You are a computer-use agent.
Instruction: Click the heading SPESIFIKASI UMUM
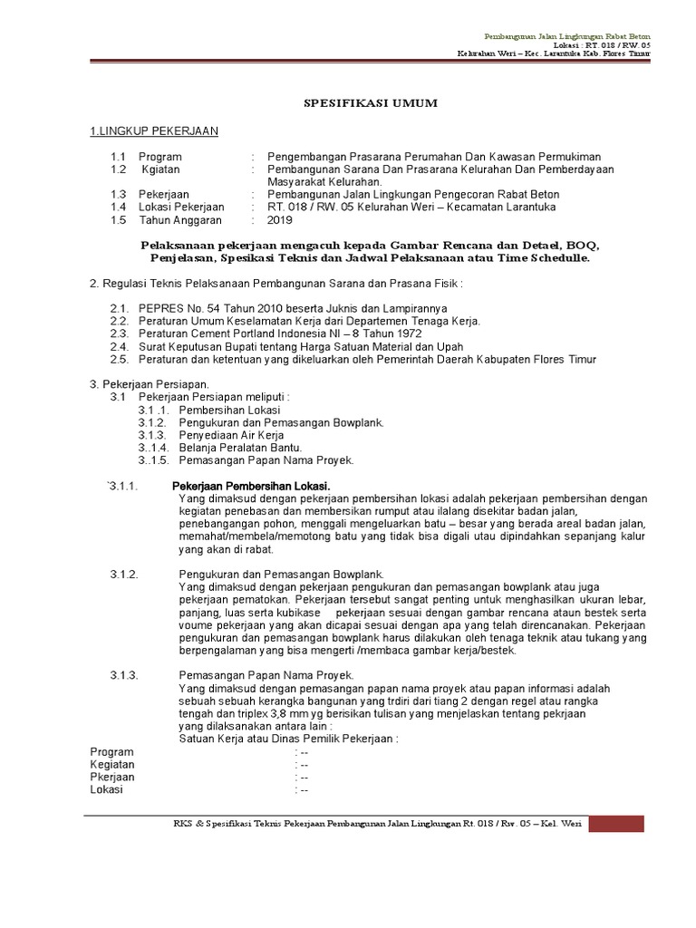(x=369, y=103)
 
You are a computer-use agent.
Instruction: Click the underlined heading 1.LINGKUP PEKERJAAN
(x=153, y=131)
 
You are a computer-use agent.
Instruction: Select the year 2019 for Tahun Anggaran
(x=281, y=219)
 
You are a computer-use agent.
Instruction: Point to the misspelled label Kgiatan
(x=160, y=169)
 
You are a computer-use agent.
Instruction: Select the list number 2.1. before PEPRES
(x=121, y=308)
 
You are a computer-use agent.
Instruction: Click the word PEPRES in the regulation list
(x=159, y=308)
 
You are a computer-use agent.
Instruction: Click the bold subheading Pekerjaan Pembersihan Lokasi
(x=251, y=487)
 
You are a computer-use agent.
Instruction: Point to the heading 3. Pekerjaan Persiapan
(x=149, y=384)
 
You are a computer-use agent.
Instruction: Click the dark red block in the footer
(x=616, y=823)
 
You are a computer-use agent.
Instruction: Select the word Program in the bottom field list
(x=111, y=751)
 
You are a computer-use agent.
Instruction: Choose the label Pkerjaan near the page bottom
(x=112, y=777)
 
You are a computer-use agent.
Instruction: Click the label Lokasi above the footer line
(x=106, y=789)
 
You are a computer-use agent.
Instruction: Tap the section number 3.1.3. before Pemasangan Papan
(x=123, y=674)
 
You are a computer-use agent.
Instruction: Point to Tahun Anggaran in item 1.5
(x=180, y=219)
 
